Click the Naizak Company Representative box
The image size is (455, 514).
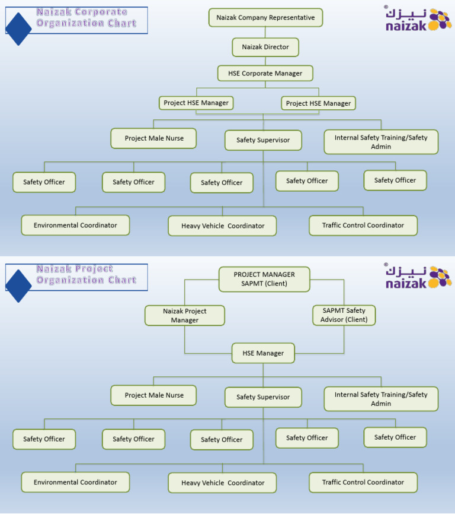(x=265, y=18)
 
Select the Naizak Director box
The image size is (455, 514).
(x=265, y=47)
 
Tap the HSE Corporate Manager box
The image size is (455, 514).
(x=265, y=74)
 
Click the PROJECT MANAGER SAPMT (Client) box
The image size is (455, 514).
(x=264, y=279)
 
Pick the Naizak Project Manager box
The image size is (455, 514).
(x=184, y=315)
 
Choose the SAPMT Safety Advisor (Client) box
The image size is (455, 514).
(x=344, y=315)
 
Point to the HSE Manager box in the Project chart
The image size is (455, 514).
(x=263, y=353)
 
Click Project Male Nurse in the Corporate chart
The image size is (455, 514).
(x=153, y=138)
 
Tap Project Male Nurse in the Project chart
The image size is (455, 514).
(x=153, y=395)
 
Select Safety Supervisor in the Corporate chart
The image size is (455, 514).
(x=263, y=140)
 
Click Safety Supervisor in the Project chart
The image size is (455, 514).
(x=263, y=397)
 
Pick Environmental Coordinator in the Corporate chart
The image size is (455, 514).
(x=75, y=225)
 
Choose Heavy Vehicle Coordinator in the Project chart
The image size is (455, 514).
(x=222, y=483)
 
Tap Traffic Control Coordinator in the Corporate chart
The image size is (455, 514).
(x=363, y=225)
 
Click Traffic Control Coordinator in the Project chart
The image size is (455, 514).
(x=363, y=482)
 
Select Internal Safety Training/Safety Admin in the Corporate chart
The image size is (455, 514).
(x=381, y=142)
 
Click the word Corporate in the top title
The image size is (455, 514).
(x=98, y=12)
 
